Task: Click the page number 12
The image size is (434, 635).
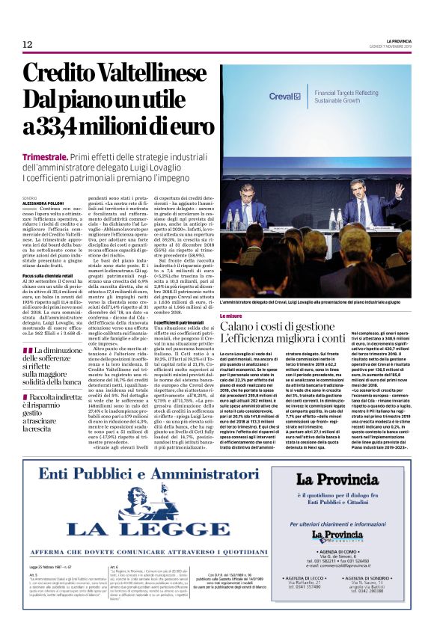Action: click(x=27, y=45)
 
